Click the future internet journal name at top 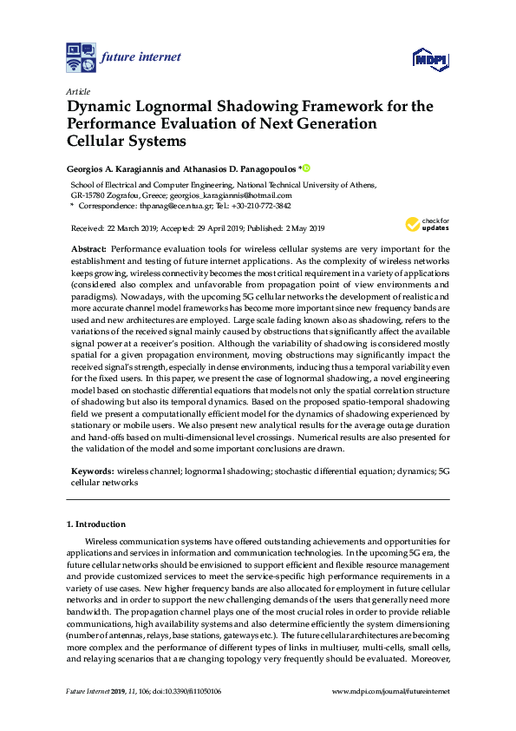pos(140,57)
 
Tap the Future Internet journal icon pos(81,57)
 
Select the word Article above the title pos(78,91)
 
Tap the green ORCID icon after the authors pos(306,168)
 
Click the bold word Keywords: pos(92,471)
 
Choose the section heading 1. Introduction pos(96,524)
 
